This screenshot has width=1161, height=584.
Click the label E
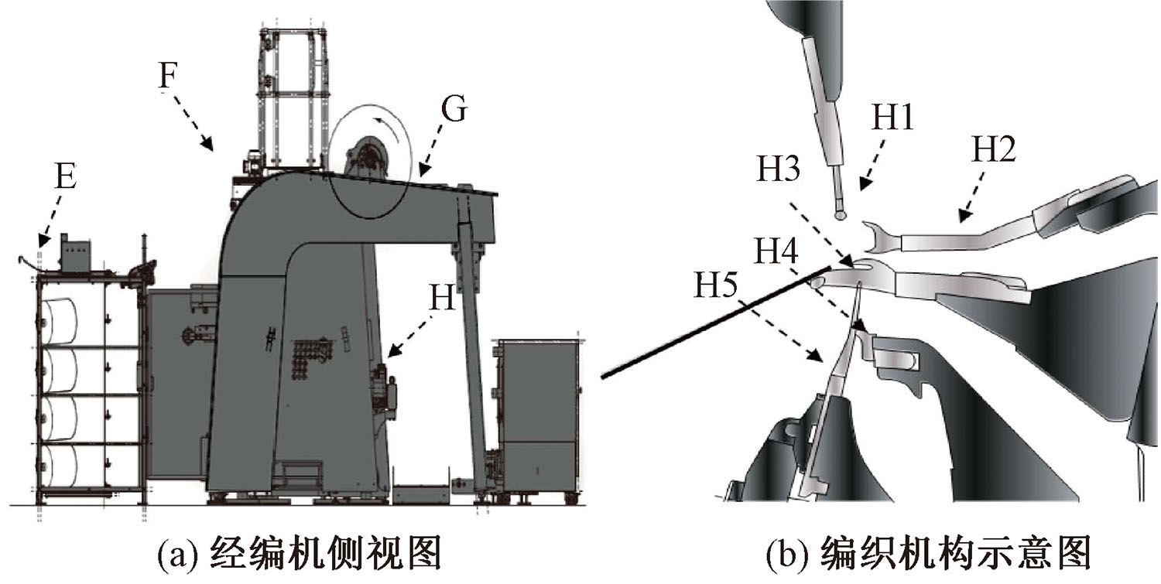click(65, 178)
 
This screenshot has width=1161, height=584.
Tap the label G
click(454, 111)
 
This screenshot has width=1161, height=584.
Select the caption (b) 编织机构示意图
click(928, 555)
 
